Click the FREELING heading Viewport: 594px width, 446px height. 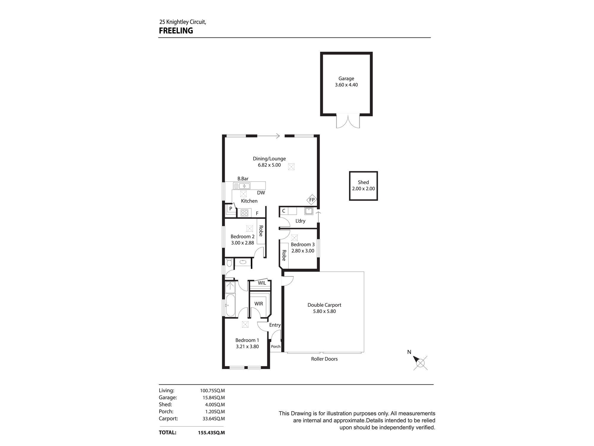pyautogui.click(x=176, y=31)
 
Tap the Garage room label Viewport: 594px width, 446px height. pyautogui.click(x=346, y=78)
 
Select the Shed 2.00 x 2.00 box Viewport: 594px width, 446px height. pyautogui.click(x=363, y=186)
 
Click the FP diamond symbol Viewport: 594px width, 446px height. pyautogui.click(x=312, y=200)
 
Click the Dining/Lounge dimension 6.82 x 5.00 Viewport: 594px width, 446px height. pyautogui.click(x=269, y=165)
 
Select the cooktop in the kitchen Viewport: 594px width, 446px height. pyautogui.click(x=244, y=213)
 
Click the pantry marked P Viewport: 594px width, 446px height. pyautogui.click(x=230, y=209)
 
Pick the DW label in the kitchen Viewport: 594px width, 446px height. pyautogui.click(x=261, y=193)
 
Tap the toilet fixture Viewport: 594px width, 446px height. pyautogui.click(x=229, y=263)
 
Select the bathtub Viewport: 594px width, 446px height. pyautogui.click(x=230, y=305)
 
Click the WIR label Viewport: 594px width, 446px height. pyautogui.click(x=259, y=304)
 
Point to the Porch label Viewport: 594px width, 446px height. pyautogui.click(x=276, y=346)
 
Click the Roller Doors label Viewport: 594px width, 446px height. pyautogui.click(x=324, y=359)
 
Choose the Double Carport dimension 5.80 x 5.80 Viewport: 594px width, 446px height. pyautogui.click(x=324, y=311)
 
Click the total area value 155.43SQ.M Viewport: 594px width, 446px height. pyautogui.click(x=211, y=433)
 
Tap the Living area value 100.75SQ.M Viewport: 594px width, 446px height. pyautogui.click(x=212, y=391)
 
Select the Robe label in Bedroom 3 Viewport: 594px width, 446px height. pyautogui.click(x=284, y=255)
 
